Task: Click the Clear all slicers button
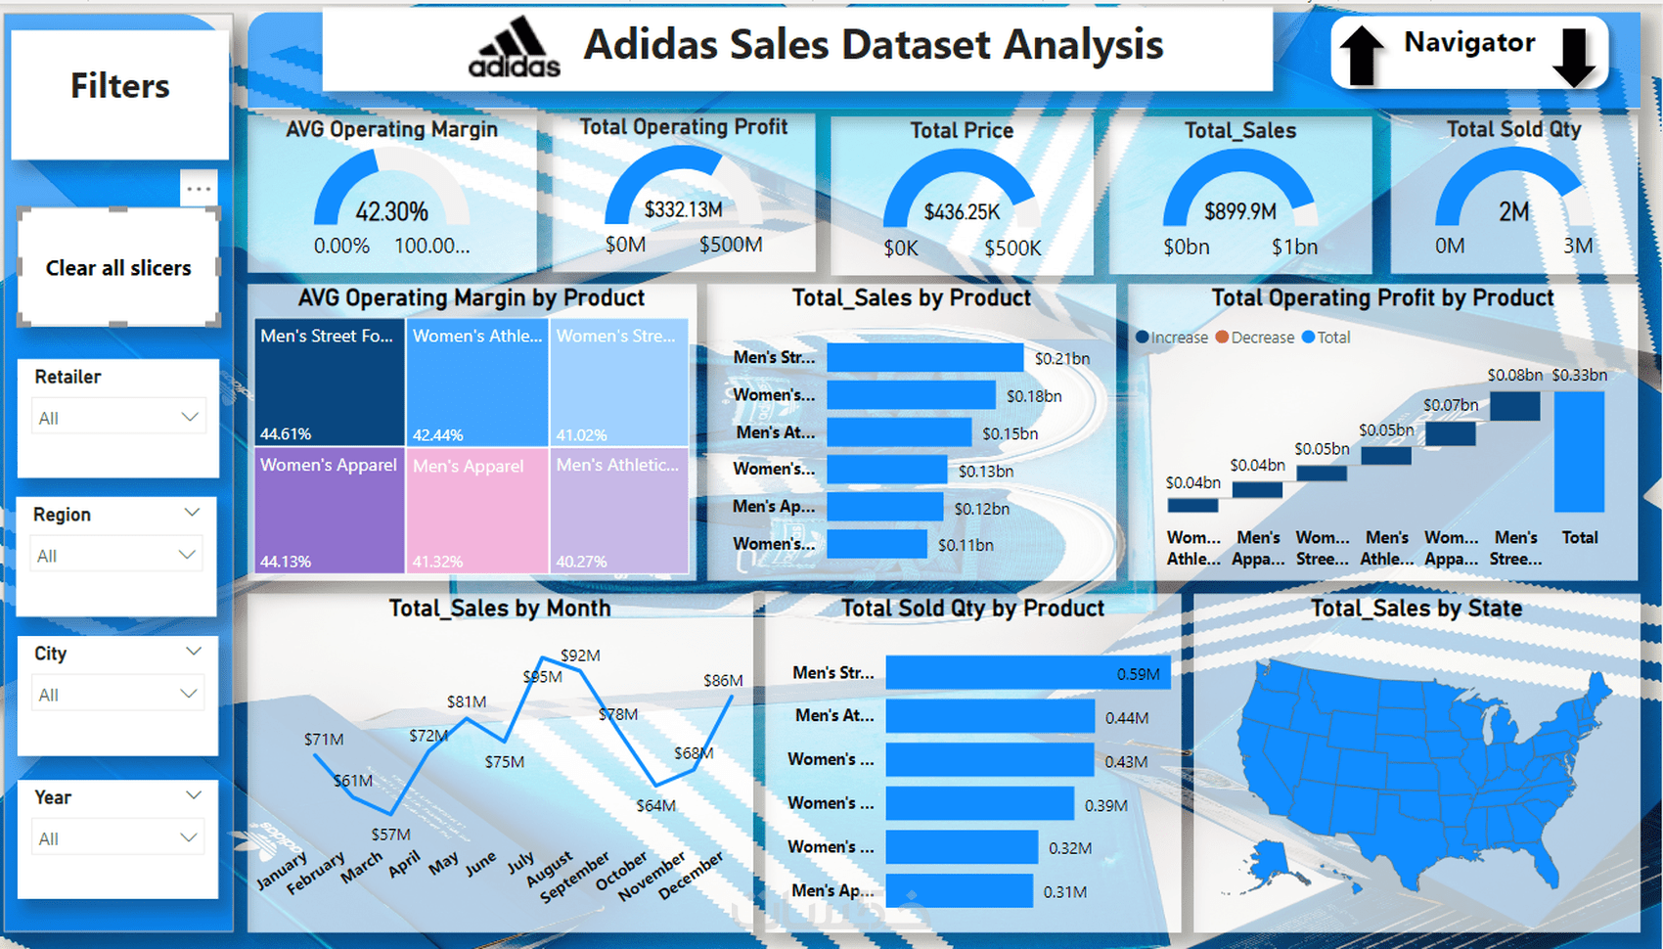[118, 268]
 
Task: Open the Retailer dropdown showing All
[118, 418]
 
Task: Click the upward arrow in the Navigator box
[1361, 55]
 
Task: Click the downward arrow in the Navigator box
[1574, 57]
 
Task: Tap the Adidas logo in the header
[515, 48]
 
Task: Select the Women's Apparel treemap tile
[329, 509]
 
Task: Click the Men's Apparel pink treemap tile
[477, 509]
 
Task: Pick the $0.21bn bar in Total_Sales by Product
[924, 358]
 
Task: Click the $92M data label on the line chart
[580, 655]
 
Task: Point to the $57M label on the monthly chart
[390, 835]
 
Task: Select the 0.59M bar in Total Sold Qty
[1027, 673]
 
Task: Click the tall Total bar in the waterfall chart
[1579, 452]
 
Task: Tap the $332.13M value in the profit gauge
[683, 209]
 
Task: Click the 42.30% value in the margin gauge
[391, 211]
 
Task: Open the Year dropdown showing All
[118, 838]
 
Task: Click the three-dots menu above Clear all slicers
[199, 189]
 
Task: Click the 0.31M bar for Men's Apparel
[959, 891]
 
